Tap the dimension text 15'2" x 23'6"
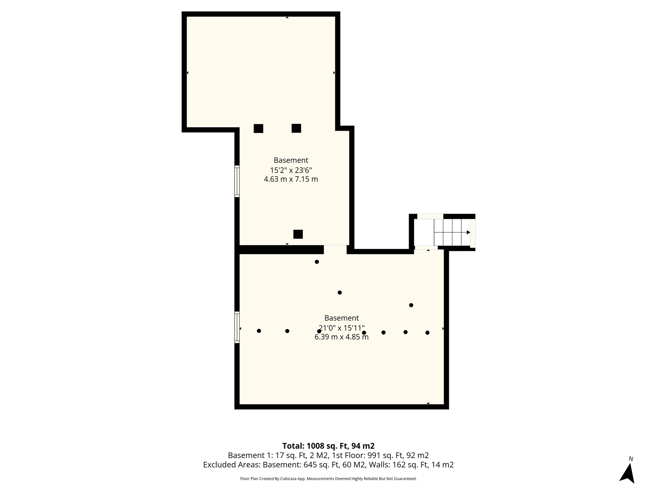pyautogui.click(x=291, y=170)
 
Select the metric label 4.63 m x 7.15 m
pyautogui.click(x=291, y=179)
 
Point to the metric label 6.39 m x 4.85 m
pyautogui.click(x=341, y=337)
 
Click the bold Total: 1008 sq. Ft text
pyautogui.click(x=328, y=446)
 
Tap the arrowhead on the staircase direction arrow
pyautogui.click(x=468, y=232)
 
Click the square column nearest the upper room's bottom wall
pyautogui.click(x=298, y=234)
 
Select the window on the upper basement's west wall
pyautogui.click(x=237, y=181)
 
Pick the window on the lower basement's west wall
pyautogui.click(x=237, y=327)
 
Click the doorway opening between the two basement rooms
pyautogui.click(x=335, y=250)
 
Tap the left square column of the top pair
pyautogui.click(x=258, y=128)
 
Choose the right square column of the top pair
pyautogui.click(x=296, y=128)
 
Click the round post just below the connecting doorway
pyautogui.click(x=317, y=262)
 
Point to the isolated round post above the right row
pyautogui.click(x=411, y=305)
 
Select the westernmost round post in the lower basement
pyautogui.click(x=259, y=331)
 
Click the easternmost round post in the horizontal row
pyautogui.click(x=427, y=332)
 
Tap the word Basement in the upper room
pyautogui.click(x=291, y=160)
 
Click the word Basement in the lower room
pyautogui.click(x=341, y=318)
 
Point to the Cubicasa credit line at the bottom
pyautogui.click(x=328, y=479)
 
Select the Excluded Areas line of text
pyautogui.click(x=328, y=465)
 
